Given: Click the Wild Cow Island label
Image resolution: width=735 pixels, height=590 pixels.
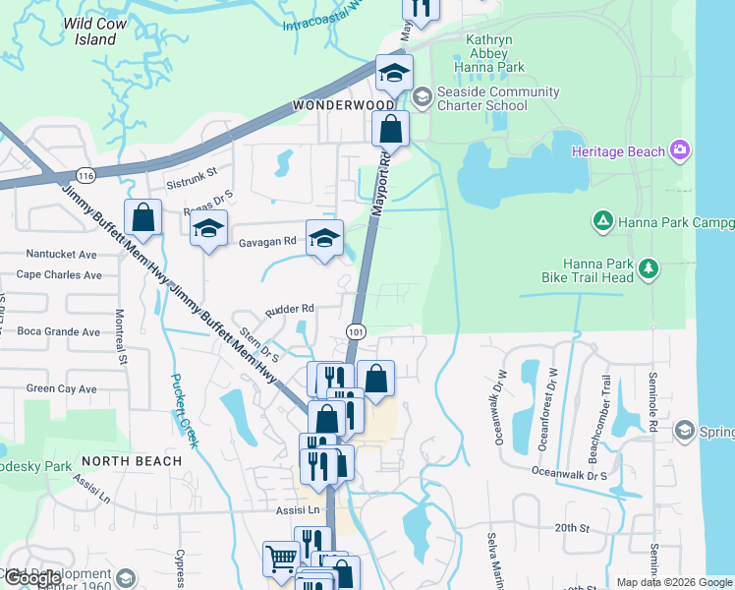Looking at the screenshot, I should [x=103, y=31].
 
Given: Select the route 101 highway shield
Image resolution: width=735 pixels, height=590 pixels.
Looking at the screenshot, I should [x=357, y=333].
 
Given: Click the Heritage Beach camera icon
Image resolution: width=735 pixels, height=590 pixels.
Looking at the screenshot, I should [x=679, y=150].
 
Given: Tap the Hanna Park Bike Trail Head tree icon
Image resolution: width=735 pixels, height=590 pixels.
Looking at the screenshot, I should [x=648, y=267].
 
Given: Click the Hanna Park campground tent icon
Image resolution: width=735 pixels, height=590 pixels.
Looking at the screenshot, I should [x=603, y=222].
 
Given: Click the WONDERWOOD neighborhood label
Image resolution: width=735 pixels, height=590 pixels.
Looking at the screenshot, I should [x=343, y=105].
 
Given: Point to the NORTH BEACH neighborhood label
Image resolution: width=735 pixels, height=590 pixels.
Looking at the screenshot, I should [x=132, y=460].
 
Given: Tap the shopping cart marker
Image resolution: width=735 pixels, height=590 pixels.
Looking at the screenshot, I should [x=282, y=559].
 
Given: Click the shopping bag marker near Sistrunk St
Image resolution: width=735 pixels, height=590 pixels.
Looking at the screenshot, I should [x=143, y=218].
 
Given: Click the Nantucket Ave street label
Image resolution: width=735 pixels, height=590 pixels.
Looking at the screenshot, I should [x=61, y=254].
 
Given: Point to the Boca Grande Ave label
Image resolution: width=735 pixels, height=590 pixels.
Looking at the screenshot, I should [x=59, y=331].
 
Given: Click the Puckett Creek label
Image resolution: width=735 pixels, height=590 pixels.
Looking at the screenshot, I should [x=183, y=411].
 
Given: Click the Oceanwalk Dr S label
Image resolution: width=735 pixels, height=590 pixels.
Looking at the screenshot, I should [x=569, y=473].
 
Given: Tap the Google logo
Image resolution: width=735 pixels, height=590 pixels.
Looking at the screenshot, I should [x=32, y=578].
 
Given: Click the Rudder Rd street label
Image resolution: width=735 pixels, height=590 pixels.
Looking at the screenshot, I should [x=289, y=308].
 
